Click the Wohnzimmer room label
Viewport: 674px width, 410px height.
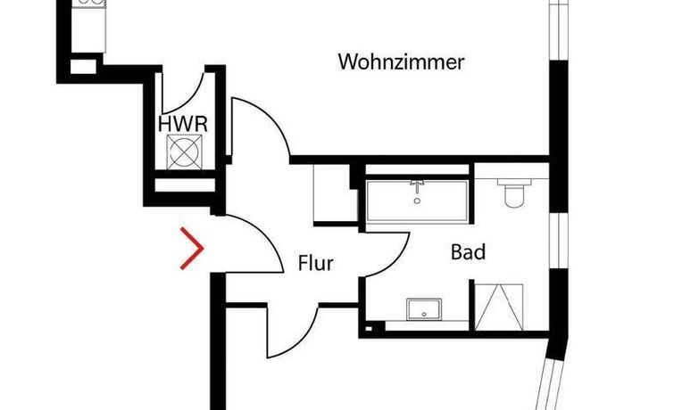pyautogui.click(x=402, y=62)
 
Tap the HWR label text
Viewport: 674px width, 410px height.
pyautogui.click(x=183, y=123)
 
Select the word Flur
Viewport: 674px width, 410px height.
pyautogui.click(x=315, y=263)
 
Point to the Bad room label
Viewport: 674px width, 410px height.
pyautogui.click(x=468, y=253)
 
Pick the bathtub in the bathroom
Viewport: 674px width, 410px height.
pyautogui.click(x=417, y=201)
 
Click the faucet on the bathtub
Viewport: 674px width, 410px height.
pyautogui.click(x=417, y=186)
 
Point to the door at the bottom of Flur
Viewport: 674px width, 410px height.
pyautogui.click(x=295, y=330)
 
